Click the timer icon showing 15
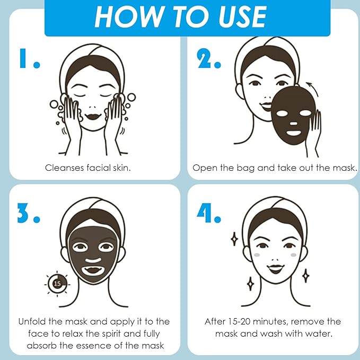coord(57,283)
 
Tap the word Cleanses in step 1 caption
coord(64,168)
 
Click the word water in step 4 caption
coord(316,333)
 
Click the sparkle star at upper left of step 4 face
coord(234,239)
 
